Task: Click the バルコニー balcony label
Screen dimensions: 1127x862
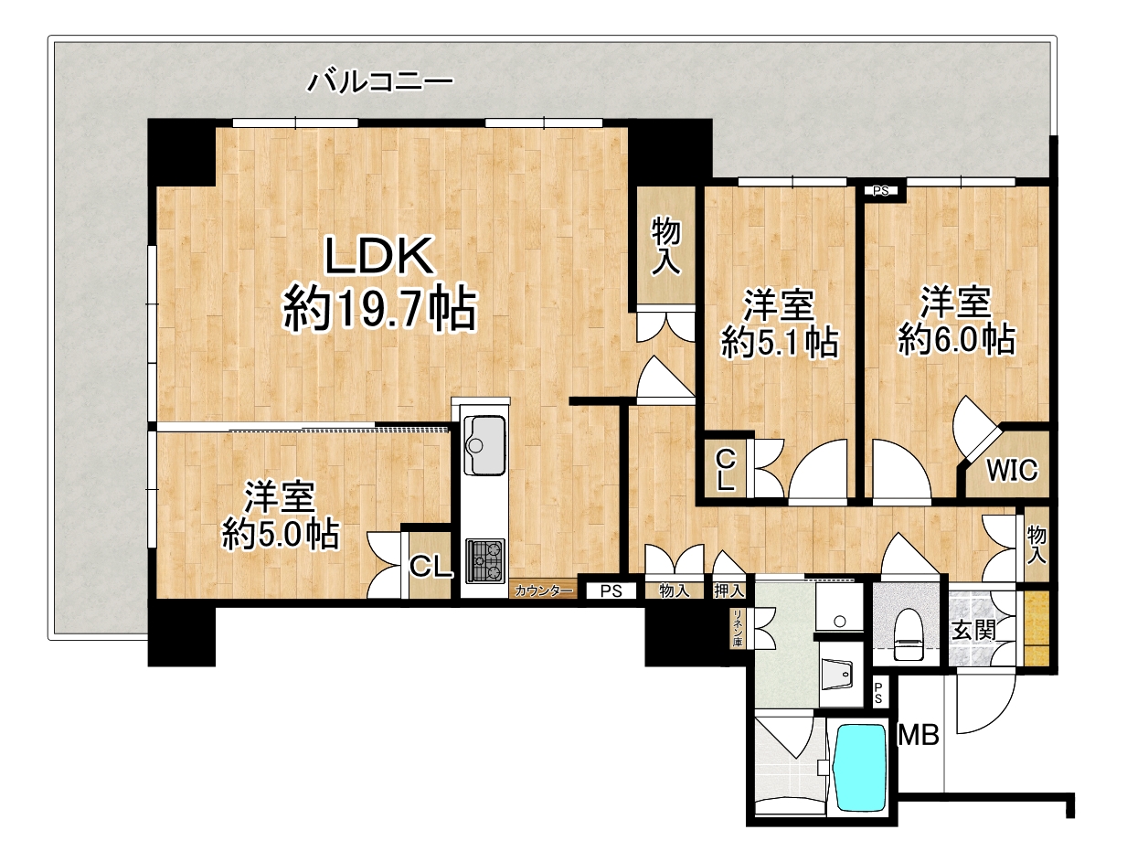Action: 380,81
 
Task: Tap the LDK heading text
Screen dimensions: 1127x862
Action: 379,255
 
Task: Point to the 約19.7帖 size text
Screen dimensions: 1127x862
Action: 380,309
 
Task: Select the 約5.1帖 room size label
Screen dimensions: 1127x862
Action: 780,343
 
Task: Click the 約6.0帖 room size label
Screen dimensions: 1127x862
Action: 957,339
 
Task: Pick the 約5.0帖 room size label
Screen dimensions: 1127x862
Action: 281,535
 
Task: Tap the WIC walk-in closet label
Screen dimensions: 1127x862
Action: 1012,470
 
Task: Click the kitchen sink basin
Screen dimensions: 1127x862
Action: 484,444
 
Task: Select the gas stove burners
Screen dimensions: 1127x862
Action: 484,560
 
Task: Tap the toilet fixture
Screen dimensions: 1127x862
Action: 908,634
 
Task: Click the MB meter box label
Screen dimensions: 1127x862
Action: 918,735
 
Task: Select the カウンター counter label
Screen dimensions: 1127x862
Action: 543,591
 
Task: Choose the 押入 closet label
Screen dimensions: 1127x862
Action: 728,591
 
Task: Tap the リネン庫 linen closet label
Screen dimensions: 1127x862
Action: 738,628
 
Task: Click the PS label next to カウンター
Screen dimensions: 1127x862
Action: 611,591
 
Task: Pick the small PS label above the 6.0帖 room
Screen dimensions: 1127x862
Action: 880,190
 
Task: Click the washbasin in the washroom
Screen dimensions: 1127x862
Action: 837,674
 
